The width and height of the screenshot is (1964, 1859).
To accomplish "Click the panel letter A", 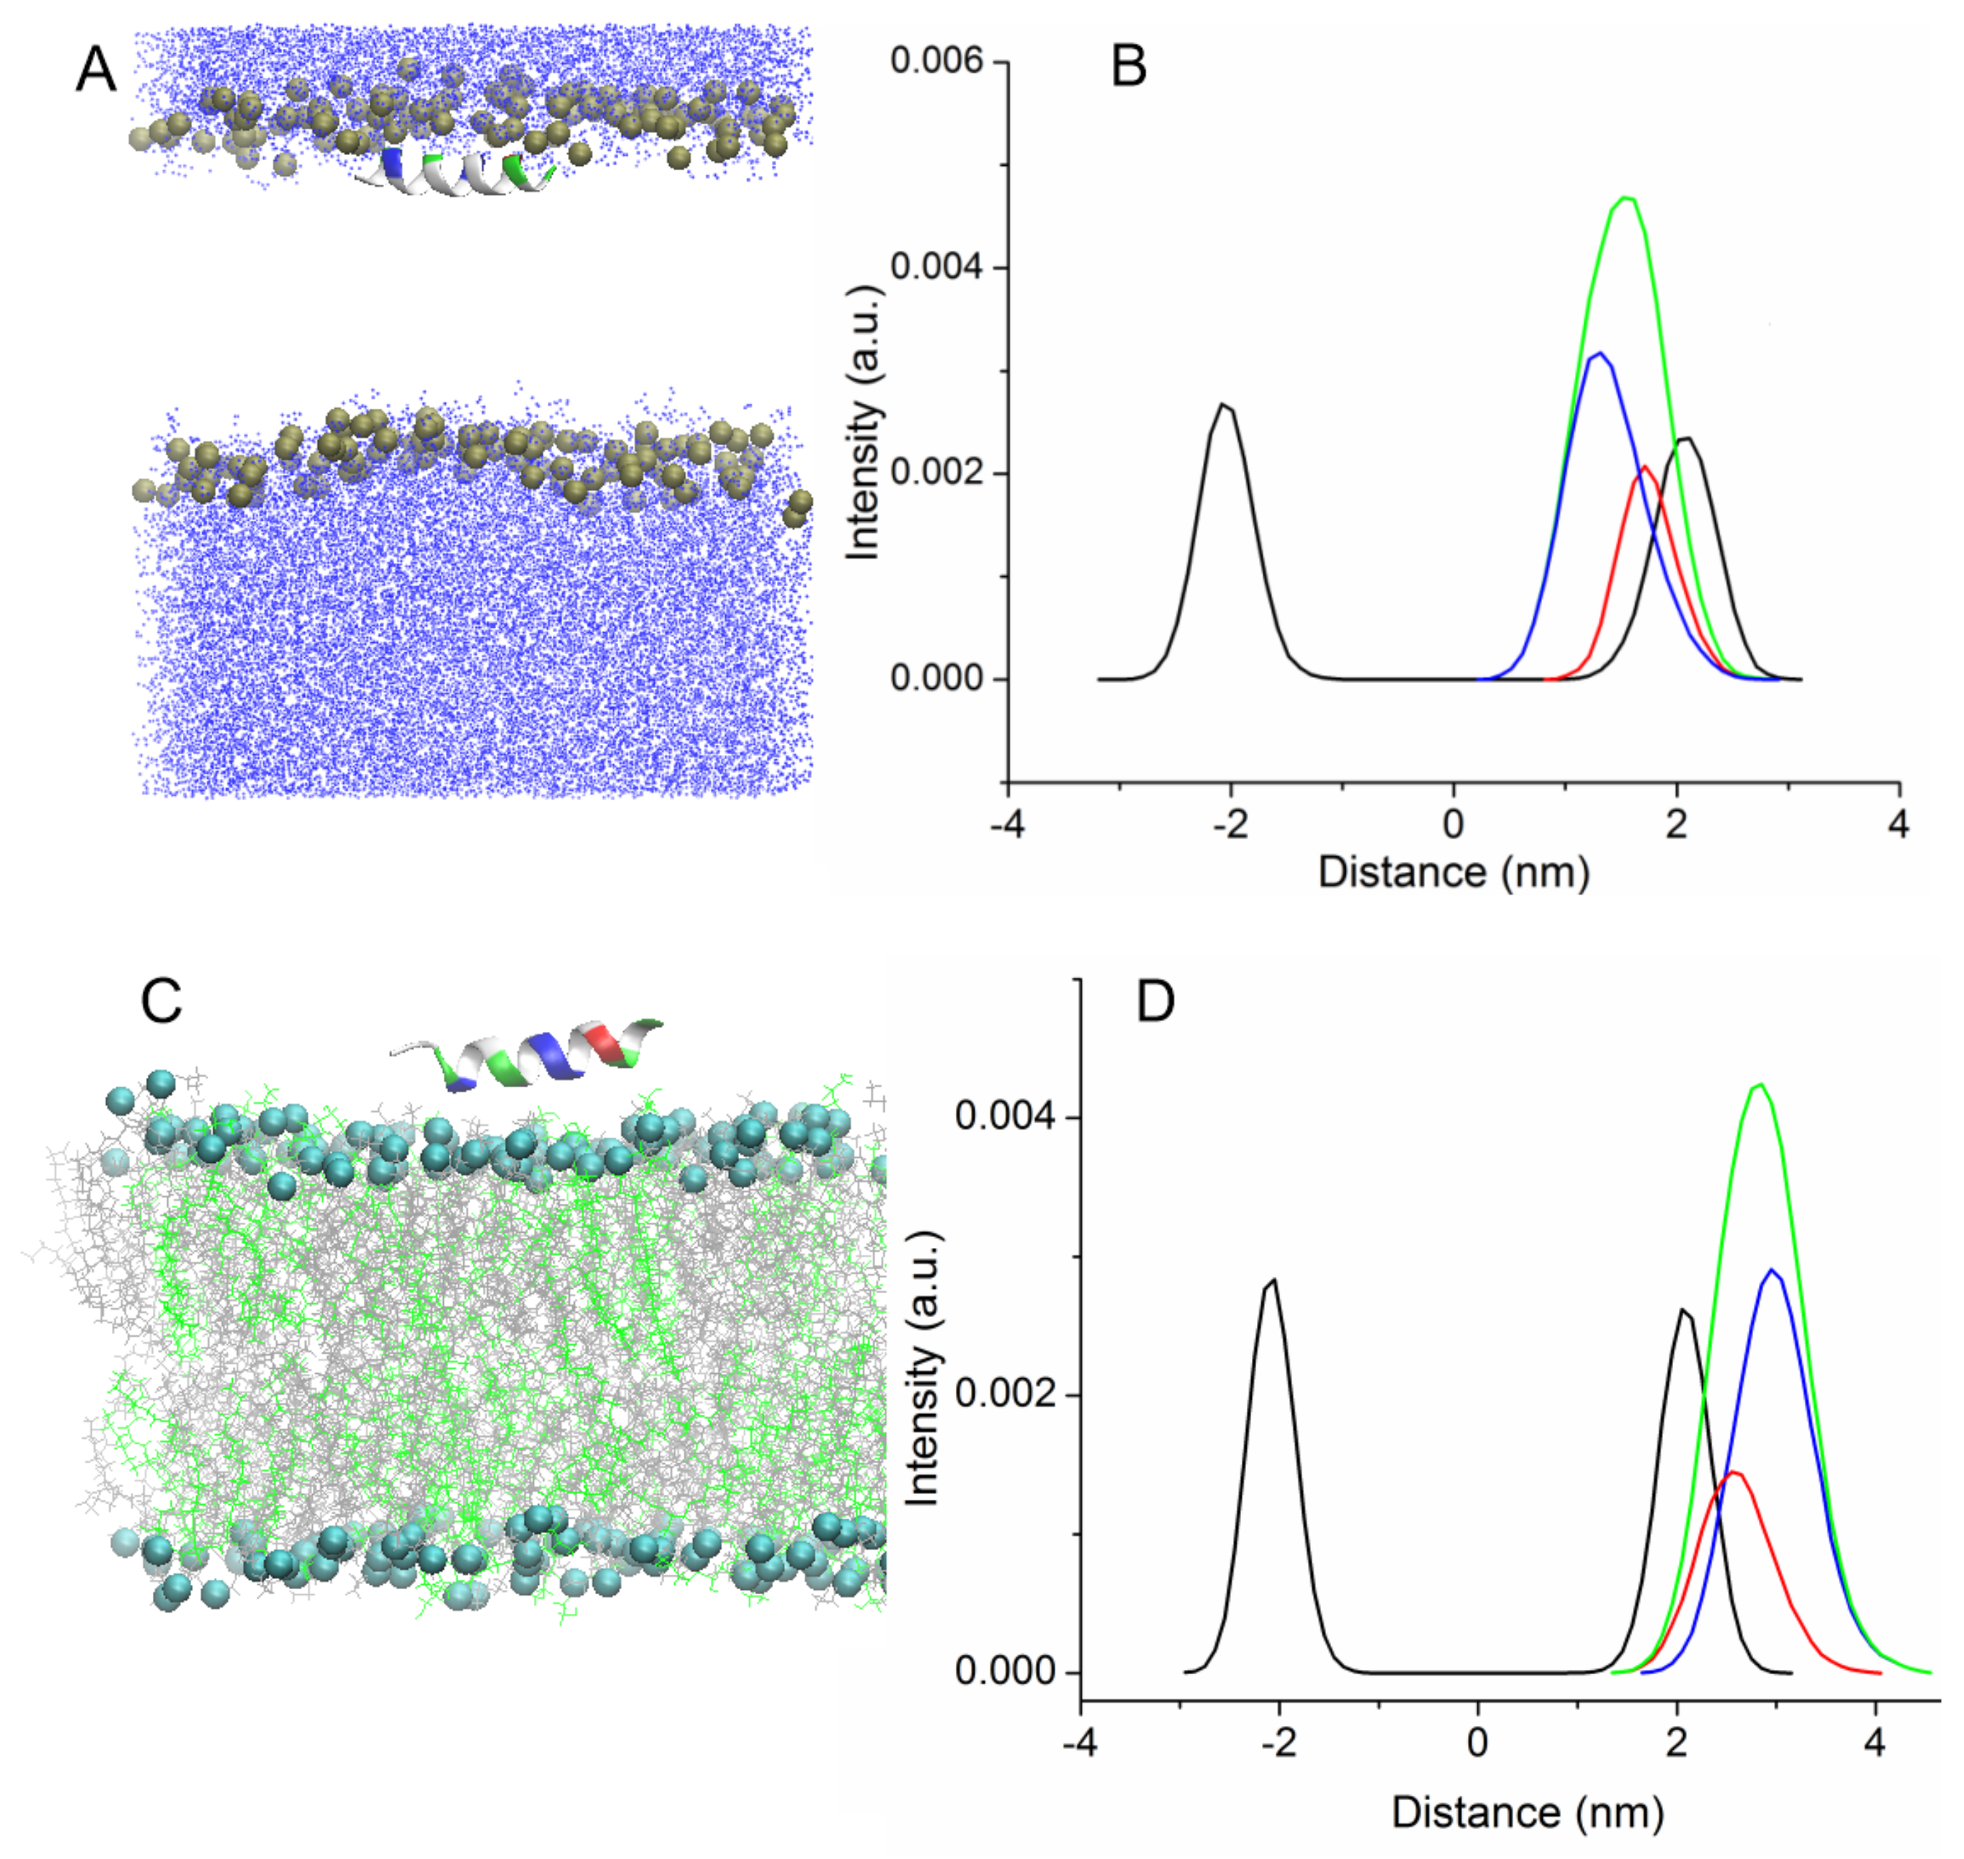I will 96,71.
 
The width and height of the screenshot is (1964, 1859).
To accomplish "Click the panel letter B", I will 1129,68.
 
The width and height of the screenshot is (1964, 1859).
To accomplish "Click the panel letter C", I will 161,1001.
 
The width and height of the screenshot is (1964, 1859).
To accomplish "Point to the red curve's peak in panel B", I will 1645,467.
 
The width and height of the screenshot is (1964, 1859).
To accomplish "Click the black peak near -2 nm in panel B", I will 1225,404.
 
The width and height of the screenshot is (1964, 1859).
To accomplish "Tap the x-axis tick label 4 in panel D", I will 1874,1743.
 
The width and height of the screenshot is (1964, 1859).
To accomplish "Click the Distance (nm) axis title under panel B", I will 1453,872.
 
